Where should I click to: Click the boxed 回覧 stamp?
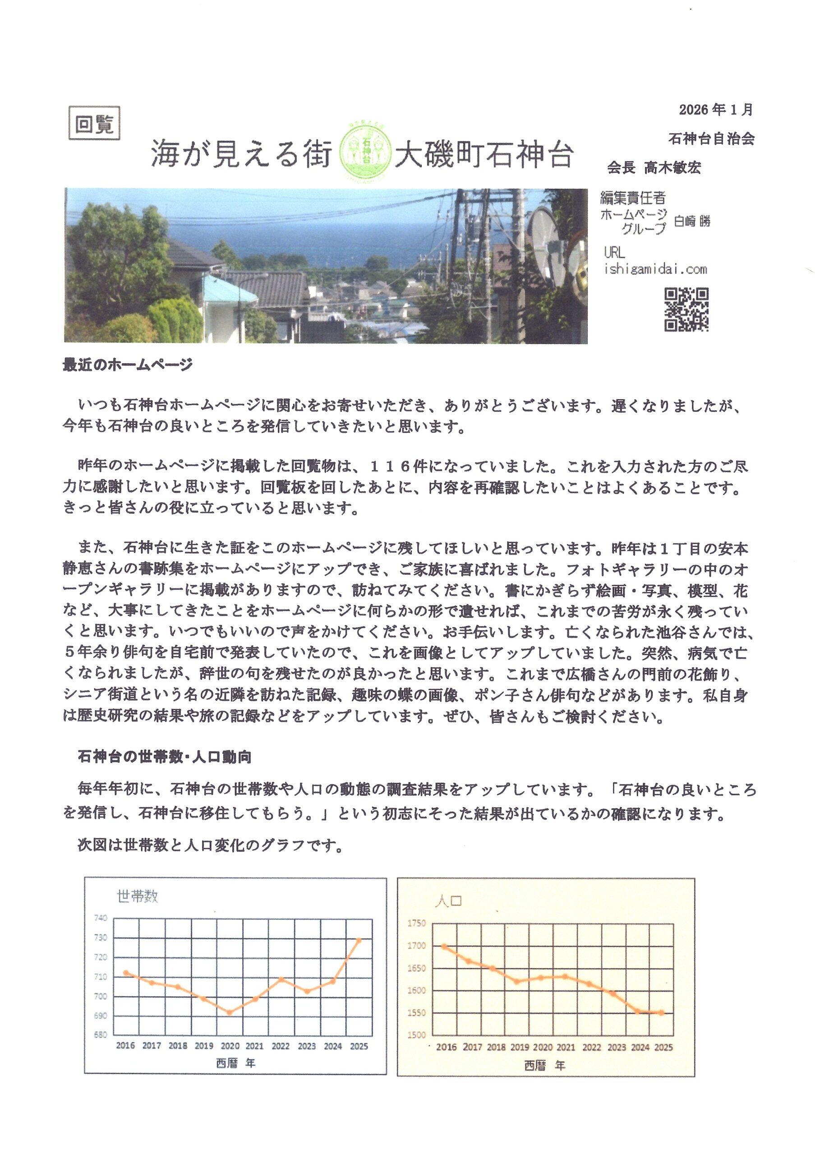(x=94, y=123)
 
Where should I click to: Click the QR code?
(x=686, y=310)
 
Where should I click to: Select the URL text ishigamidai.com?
(x=655, y=269)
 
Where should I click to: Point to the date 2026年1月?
(x=715, y=110)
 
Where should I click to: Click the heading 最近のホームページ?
(x=128, y=365)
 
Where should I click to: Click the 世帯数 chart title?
(x=137, y=896)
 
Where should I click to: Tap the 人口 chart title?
(x=448, y=900)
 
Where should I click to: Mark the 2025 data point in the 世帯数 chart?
(x=359, y=940)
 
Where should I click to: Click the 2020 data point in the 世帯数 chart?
(x=230, y=1012)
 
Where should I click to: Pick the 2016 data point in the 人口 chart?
(x=444, y=946)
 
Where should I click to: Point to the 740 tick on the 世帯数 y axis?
(x=101, y=918)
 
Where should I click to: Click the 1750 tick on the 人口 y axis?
(x=416, y=923)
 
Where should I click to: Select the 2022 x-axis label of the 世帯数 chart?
(x=281, y=1046)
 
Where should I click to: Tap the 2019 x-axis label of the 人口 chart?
(x=520, y=1047)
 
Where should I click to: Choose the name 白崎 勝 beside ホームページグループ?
(x=692, y=221)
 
